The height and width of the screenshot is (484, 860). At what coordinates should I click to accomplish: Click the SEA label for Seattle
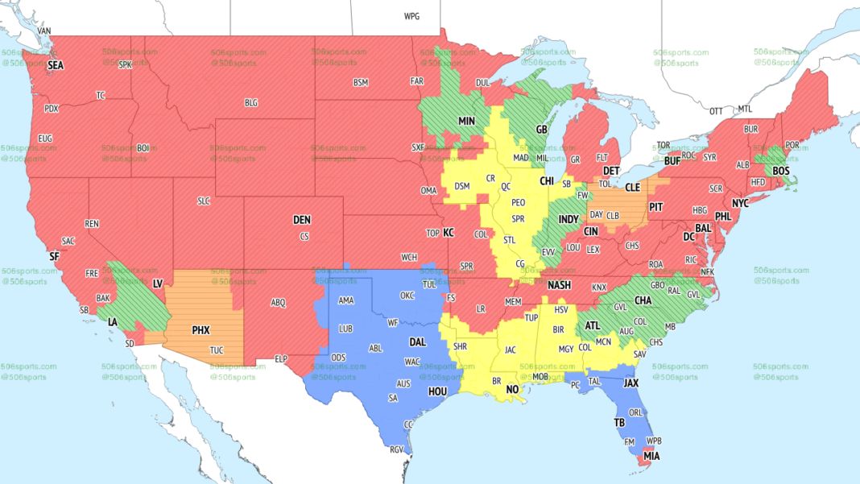click(x=55, y=64)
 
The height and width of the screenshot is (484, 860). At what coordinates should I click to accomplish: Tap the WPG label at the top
click(x=411, y=16)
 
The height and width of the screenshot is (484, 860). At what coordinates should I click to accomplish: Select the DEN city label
click(x=301, y=220)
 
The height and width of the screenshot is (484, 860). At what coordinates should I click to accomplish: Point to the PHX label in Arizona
click(x=201, y=329)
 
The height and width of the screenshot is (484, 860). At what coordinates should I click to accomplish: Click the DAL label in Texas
click(x=416, y=341)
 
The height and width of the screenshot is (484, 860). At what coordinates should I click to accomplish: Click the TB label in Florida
click(x=619, y=423)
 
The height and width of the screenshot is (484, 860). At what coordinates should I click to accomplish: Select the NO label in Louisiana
click(x=512, y=389)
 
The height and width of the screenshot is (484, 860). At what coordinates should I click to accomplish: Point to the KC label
click(x=449, y=233)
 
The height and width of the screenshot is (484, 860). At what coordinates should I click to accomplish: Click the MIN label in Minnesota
click(x=467, y=120)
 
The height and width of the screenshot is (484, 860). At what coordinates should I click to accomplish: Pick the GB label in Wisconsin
click(x=541, y=129)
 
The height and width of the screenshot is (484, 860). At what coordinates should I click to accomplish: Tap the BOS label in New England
click(x=781, y=171)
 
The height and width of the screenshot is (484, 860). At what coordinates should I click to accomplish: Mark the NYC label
click(x=741, y=202)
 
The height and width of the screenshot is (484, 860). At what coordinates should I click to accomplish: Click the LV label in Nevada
click(x=158, y=283)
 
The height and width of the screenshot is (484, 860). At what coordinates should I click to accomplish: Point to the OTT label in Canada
click(x=715, y=110)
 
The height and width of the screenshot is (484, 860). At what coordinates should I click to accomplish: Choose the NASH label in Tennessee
click(x=559, y=285)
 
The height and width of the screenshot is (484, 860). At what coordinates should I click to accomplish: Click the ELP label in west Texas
click(x=281, y=358)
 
